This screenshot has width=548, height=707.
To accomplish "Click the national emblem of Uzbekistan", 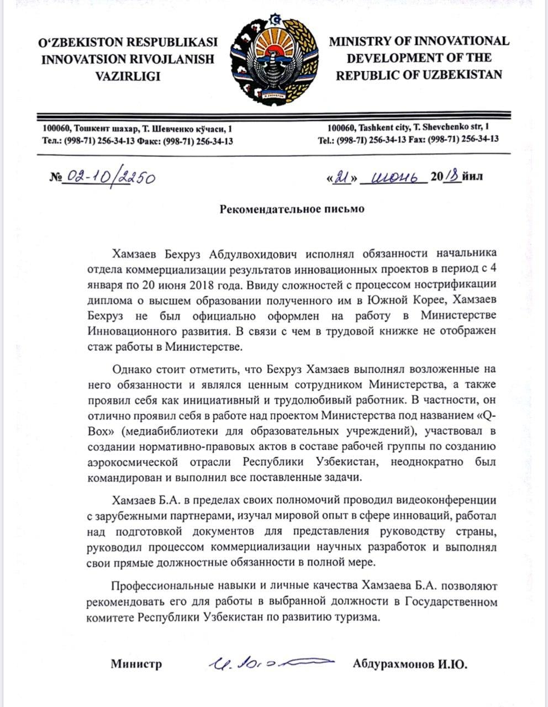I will coord(273,59).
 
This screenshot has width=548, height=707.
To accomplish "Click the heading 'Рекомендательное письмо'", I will coord(292,209).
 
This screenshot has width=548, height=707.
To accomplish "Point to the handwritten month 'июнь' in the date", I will coord(393,177).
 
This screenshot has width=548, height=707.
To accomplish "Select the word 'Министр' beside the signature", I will coord(136,664).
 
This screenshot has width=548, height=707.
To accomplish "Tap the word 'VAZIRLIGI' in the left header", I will coord(128,76).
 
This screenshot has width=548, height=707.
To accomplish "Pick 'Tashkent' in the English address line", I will coord(364,128).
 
